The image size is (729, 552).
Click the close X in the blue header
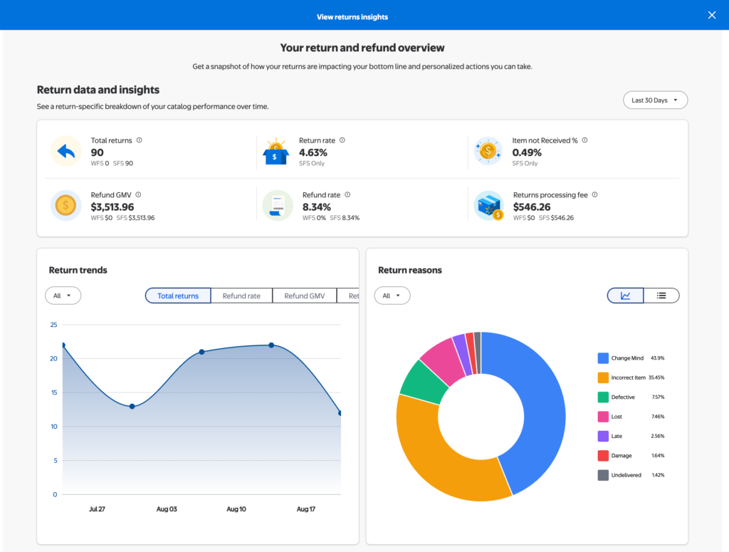coord(712,16)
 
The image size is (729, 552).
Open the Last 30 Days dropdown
coord(655,100)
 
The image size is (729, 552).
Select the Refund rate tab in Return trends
coord(241,296)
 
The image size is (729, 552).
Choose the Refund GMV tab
coord(305,296)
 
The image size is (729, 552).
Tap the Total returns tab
coord(178,296)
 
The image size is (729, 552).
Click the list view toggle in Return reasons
coord(661,296)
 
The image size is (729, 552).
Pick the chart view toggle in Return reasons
coord(625,296)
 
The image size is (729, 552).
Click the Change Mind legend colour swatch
coord(603,358)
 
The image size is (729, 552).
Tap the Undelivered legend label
coord(626,475)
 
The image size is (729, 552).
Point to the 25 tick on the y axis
coord(54,325)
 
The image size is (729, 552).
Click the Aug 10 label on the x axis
coord(236,509)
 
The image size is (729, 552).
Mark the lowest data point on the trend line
coord(340,413)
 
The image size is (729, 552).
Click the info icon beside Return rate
coord(342,140)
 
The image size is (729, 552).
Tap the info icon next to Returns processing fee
coord(594,195)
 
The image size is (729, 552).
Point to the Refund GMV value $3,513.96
coord(112,207)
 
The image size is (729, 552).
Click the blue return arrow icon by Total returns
coord(66,151)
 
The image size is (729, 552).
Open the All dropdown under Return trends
coord(63,296)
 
